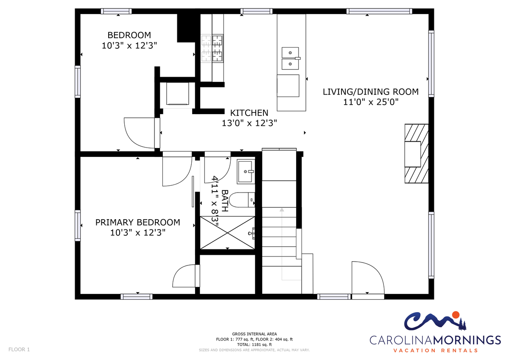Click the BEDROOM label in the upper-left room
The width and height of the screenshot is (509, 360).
(x=129, y=35)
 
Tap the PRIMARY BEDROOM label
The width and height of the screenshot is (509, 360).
(x=138, y=222)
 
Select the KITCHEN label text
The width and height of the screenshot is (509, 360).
(x=249, y=113)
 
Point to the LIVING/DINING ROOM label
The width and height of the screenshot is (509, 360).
(x=371, y=92)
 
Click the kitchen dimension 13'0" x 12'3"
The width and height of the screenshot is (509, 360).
(x=249, y=123)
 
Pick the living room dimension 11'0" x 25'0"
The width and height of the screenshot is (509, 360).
(x=371, y=102)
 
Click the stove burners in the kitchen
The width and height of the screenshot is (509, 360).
(x=212, y=48)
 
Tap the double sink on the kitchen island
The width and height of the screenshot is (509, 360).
(x=290, y=59)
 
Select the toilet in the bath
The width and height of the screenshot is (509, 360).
(x=242, y=200)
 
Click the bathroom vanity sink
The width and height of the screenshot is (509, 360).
(x=246, y=171)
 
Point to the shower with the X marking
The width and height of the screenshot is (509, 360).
(x=227, y=233)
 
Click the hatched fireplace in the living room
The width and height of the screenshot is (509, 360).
(x=416, y=153)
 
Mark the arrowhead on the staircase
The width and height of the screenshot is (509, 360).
(x=282, y=209)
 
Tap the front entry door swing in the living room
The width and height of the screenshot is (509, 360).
(x=368, y=278)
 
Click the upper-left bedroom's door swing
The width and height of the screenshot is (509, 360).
(x=140, y=133)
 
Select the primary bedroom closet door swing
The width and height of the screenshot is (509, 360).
(x=184, y=276)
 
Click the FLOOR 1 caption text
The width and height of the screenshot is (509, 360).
(x=19, y=349)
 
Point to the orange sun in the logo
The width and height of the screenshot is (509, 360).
(x=456, y=315)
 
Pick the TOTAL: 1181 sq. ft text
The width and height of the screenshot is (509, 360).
(x=254, y=345)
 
